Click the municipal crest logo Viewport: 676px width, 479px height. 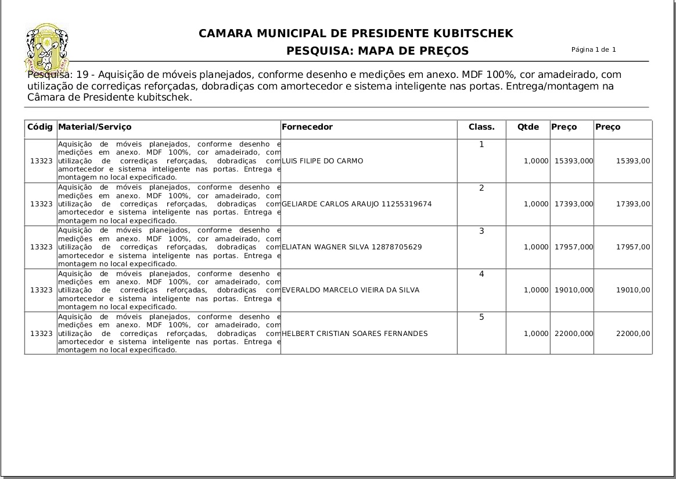coord(46,47)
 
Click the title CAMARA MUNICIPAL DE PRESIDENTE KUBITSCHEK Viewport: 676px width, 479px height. coord(355,34)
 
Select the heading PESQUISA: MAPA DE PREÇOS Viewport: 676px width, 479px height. coord(377,51)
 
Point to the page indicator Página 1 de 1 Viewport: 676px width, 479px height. coord(594,49)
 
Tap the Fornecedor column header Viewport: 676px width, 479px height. coord(307,127)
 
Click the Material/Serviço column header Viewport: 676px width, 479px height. coord(95,127)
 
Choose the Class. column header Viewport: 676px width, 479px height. coord(481,127)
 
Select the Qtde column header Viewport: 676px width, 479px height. coord(528,127)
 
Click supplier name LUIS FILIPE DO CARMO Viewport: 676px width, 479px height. coord(322,161)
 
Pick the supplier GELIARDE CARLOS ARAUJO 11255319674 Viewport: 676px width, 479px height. coord(357,204)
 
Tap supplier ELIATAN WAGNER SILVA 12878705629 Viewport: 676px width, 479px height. coord(351,247)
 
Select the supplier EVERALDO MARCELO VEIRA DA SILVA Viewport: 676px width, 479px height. coord(350,290)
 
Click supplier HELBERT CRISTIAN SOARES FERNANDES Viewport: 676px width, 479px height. coord(354,334)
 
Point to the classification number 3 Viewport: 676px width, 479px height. coord(481,231)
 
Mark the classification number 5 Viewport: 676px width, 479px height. coord(481,317)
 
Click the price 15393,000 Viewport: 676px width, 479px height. coord(573,161)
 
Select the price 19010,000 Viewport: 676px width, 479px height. coord(573,290)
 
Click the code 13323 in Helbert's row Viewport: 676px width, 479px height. coord(41,334)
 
